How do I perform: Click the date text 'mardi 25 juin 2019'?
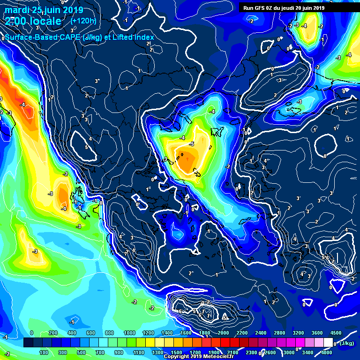[44, 10]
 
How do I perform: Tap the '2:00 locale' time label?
[33, 21]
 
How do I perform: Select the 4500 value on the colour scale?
[336, 333]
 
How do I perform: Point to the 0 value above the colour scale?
[31, 333]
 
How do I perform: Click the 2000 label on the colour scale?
[223, 333]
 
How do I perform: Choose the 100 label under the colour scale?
[44, 352]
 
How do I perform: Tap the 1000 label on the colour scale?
[129, 333]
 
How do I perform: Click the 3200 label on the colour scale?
[298, 333]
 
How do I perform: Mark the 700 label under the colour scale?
[100, 352]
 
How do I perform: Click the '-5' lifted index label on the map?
[191, 157]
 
